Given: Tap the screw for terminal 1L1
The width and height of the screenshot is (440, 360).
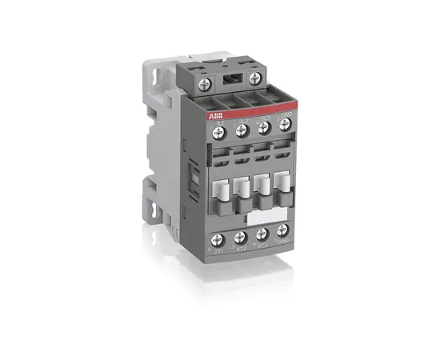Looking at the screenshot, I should pos(219,128).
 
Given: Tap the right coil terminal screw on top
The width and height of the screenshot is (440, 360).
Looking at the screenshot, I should pos(255,77).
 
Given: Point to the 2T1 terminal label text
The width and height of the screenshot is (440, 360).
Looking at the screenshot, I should pos(218,252).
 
